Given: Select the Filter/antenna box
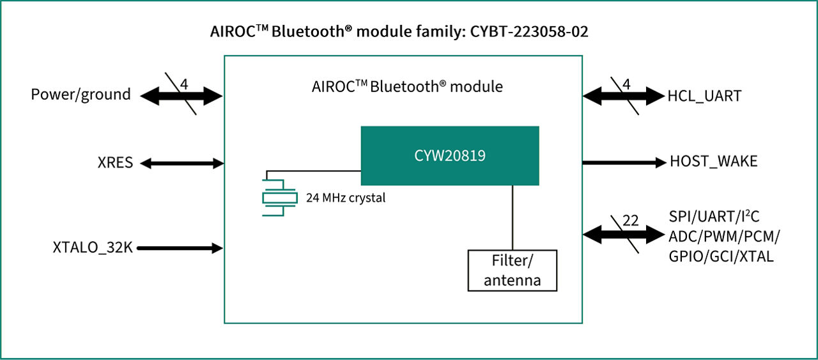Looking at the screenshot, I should tap(512, 270).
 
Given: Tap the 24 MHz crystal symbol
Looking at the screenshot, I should tap(279, 198).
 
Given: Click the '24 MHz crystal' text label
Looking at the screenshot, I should tap(345, 198).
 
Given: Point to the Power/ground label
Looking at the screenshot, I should tap(81, 95).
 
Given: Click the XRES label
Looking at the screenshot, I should tap(115, 163).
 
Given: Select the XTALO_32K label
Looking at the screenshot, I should tap(93, 247).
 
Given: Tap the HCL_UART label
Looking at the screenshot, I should tap(704, 97).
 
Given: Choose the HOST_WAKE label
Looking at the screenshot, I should tap(713, 162).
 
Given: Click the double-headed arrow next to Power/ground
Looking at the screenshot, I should tap(181, 97).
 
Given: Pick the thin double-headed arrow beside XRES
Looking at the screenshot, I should tap(181, 163).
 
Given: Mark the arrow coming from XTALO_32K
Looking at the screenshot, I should tap(180, 247).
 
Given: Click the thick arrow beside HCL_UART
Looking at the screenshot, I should tap(623, 97).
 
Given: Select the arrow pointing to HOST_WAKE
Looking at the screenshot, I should tap(623, 162).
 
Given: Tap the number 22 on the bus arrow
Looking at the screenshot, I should tap(630, 221).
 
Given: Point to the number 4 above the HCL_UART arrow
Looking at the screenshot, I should tap(626, 84).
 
